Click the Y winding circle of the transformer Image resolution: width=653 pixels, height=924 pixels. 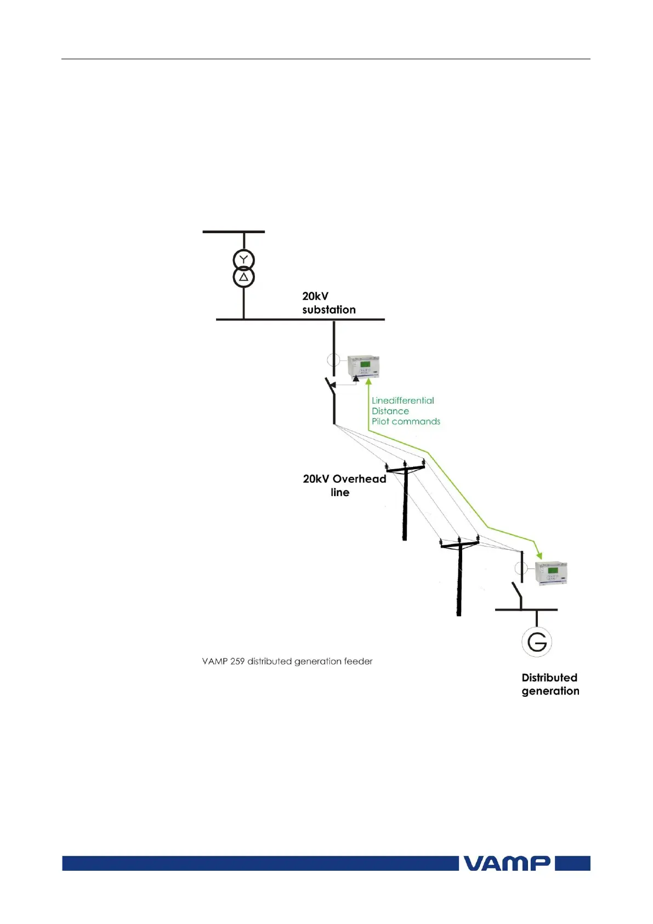[x=244, y=260]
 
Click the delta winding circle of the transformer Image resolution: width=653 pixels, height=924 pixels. [x=244, y=277]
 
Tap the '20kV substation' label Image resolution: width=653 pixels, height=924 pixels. [x=328, y=303]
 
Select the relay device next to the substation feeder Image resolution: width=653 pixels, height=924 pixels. [x=364, y=366]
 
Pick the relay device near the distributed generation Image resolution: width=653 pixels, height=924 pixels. [x=550, y=573]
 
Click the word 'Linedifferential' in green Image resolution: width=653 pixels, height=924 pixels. [x=402, y=401]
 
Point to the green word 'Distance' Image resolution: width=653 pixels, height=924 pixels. [x=390, y=411]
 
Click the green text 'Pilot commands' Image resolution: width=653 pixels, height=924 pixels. [x=406, y=421]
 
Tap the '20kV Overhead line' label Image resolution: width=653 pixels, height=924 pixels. [x=344, y=485]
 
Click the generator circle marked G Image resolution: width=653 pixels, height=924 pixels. [x=537, y=641]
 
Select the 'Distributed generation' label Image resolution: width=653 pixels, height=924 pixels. [x=550, y=684]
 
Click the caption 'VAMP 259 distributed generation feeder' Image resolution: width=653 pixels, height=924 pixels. [x=287, y=661]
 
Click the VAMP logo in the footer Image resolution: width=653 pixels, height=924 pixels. [x=507, y=863]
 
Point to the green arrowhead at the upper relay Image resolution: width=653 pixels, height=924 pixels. [x=368, y=382]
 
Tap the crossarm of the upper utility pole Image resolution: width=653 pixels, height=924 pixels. [x=406, y=469]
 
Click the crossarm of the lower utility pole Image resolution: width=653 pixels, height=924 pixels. [x=459, y=545]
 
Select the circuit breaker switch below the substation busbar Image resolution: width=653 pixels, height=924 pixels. [x=331, y=386]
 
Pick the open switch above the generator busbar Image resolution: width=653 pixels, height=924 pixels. [x=517, y=591]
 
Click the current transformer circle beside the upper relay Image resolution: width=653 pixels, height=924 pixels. [x=333, y=360]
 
